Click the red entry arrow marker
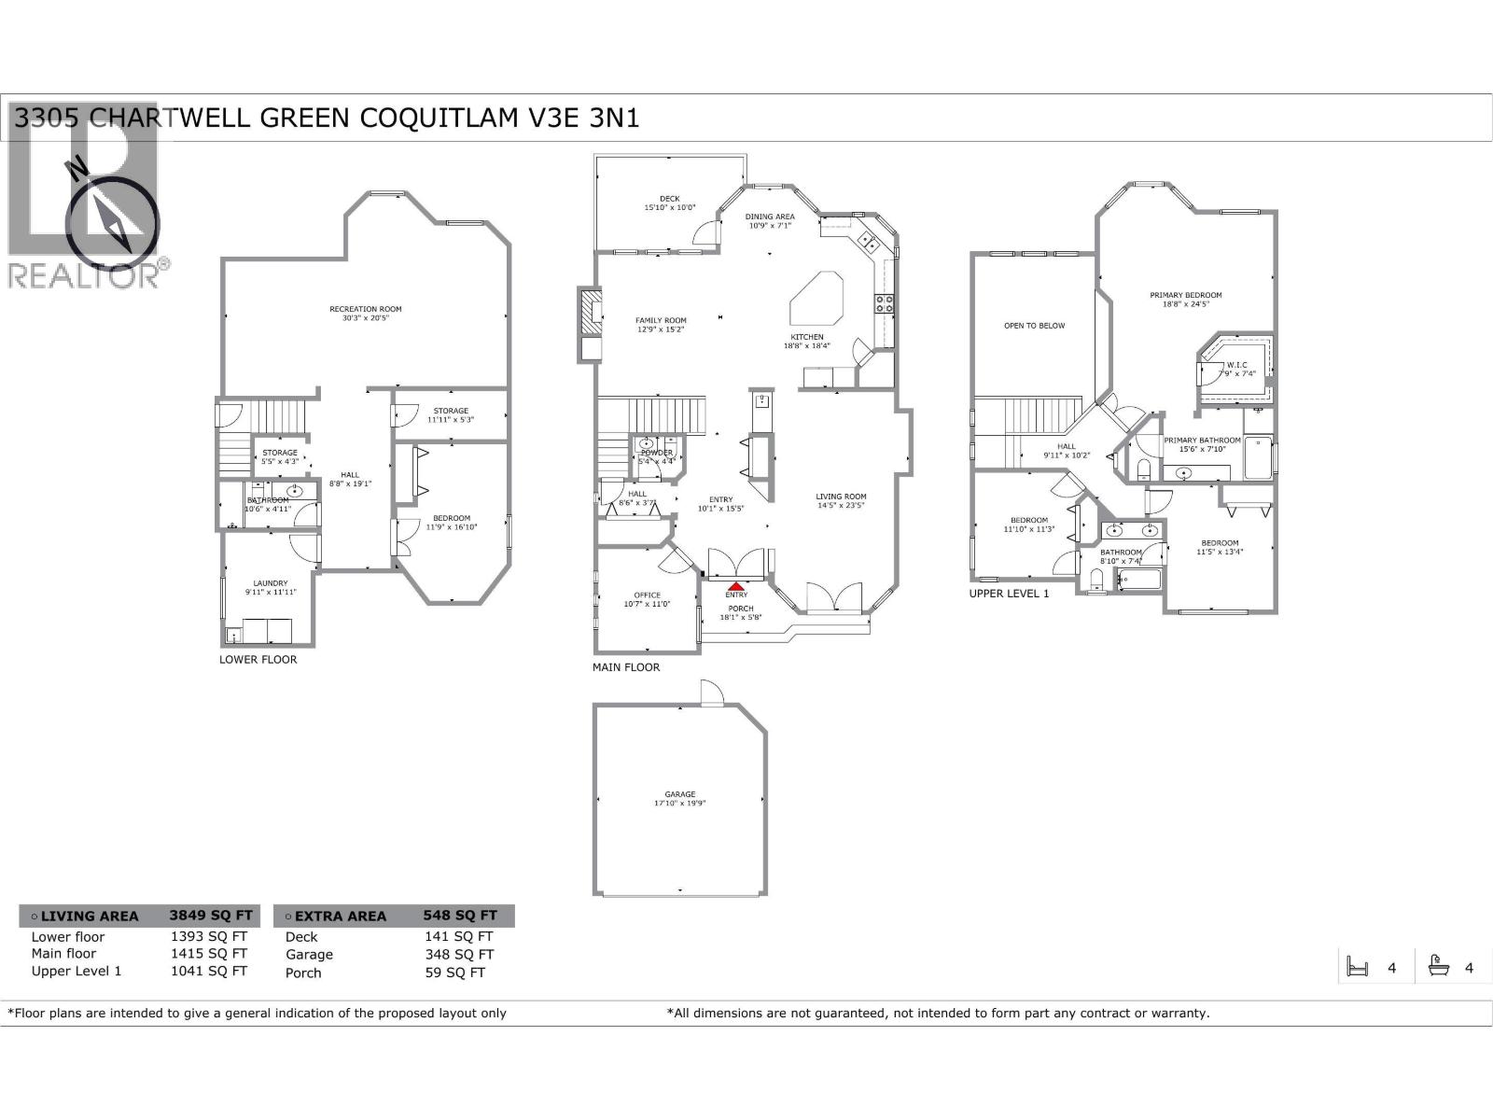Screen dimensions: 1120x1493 point(736,586)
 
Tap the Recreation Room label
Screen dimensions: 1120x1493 point(365,309)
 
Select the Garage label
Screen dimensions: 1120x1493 point(680,794)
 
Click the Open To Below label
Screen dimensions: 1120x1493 point(1034,326)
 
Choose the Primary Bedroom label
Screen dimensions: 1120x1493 point(1185,295)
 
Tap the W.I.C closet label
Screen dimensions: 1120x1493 point(1236,365)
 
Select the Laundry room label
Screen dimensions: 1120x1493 point(271,583)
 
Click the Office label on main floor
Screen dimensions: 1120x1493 point(647,595)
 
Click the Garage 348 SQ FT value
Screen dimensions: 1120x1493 point(458,954)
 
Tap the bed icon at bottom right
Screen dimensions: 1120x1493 point(1357,967)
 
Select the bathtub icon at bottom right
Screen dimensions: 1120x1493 point(1438,966)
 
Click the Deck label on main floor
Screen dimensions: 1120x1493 point(669,199)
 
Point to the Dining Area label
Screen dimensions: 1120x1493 point(770,217)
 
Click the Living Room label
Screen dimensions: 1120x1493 point(841,497)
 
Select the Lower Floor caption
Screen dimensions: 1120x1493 point(258,659)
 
